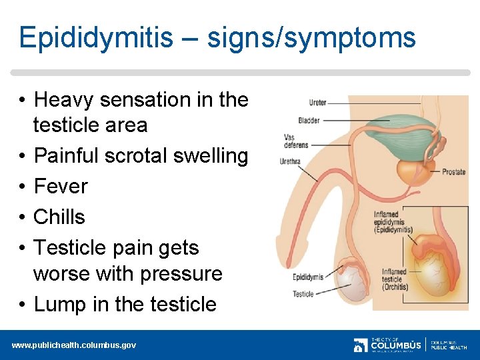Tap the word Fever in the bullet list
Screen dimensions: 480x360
tap(61, 186)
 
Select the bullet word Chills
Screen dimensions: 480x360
tap(59, 217)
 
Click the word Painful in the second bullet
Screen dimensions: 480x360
tap(64, 155)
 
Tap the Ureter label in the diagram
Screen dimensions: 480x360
tap(317, 103)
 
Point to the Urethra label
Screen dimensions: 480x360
tap(290, 161)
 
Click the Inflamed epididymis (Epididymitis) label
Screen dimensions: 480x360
tap(393, 223)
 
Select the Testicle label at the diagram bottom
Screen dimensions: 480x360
tap(303, 294)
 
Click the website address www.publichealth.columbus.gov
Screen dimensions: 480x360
tap(73, 345)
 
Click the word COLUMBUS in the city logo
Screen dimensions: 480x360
tap(396, 346)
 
